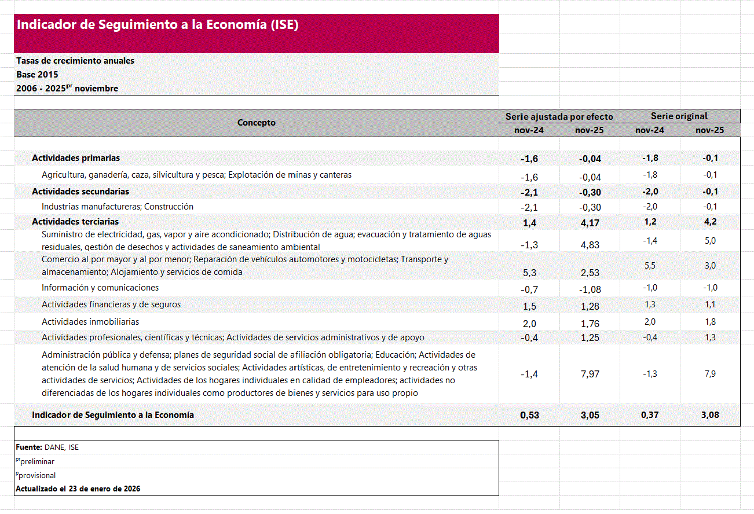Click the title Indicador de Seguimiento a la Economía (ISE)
[158, 25]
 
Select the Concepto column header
[257, 123]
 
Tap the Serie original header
[679, 116]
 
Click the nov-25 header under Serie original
[709, 130]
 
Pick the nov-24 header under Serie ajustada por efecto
[529, 130]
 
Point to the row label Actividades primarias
[76, 158]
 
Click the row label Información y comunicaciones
[100, 288]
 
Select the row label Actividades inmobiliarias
[90, 322]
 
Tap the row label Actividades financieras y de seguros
[111, 304]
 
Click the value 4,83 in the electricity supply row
[590, 245]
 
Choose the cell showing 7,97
[590, 375]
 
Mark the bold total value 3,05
[590, 415]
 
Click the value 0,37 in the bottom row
[650, 415]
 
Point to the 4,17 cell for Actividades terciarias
[590, 222]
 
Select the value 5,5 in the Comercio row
[650, 265]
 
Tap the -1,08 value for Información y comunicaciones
[590, 289]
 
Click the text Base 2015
[37, 75]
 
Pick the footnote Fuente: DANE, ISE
[47, 447]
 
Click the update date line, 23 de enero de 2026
[78, 489]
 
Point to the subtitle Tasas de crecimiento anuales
[75, 61]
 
